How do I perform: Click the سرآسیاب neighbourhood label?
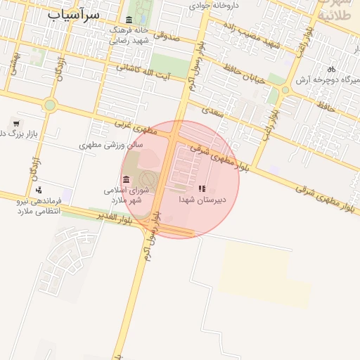pos(74,14)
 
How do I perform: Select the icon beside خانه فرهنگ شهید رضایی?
pos(129,20)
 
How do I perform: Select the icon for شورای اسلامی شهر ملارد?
pos(126,180)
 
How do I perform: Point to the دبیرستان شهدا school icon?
pos(202,188)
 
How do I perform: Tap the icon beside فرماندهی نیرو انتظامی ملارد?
pos(39,189)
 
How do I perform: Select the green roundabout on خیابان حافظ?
pos(285,90)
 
